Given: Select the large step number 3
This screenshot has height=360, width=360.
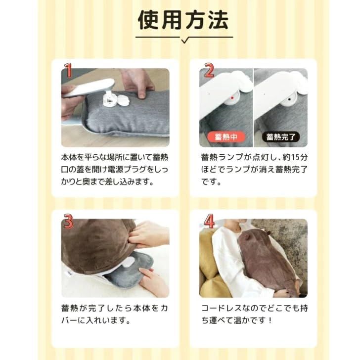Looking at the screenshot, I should (69, 222).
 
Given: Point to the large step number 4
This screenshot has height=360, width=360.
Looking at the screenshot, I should (209, 222).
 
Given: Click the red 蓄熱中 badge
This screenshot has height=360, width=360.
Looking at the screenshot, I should (226, 136).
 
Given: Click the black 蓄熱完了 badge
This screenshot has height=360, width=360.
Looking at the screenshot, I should (280, 136).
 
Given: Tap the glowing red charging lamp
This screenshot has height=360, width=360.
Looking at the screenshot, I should (230, 98).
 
